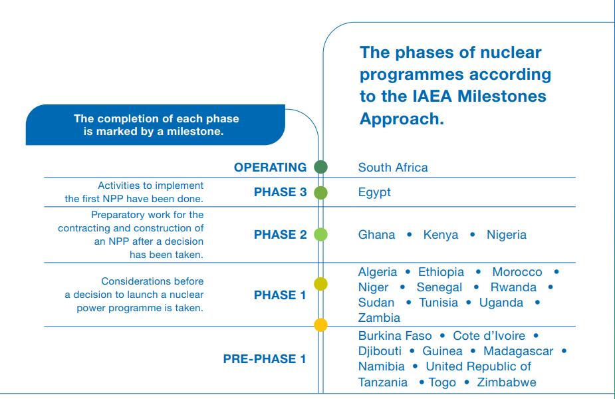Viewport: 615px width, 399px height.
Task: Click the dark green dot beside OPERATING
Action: (x=320, y=167)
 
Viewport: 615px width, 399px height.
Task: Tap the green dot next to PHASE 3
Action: (x=320, y=193)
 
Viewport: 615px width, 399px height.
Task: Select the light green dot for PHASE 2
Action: (x=320, y=234)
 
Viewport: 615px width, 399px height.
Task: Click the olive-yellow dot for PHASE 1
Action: (x=320, y=284)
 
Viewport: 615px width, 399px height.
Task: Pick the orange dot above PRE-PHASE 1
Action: (x=320, y=325)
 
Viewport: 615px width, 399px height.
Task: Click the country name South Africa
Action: (x=392, y=168)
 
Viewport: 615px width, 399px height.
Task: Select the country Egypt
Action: (x=374, y=193)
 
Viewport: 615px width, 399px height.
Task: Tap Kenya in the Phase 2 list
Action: (x=441, y=235)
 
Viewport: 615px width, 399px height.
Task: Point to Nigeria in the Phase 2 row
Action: (x=506, y=235)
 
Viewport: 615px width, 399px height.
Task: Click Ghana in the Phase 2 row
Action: (x=376, y=235)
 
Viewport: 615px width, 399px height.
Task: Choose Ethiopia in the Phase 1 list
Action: (x=441, y=272)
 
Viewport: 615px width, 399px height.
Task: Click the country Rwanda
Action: (x=513, y=287)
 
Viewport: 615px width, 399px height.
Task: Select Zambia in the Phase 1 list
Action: (x=379, y=318)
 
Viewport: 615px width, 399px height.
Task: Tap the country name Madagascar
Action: (x=518, y=351)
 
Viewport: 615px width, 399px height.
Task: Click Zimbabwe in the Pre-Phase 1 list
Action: (x=506, y=382)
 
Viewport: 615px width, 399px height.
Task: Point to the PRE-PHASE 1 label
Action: (x=264, y=359)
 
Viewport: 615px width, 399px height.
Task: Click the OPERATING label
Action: (x=270, y=168)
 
